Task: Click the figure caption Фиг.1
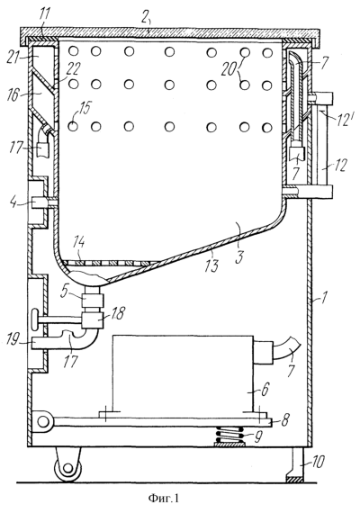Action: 163,498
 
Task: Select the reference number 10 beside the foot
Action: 317,462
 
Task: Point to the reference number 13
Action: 212,265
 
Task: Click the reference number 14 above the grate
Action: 78,243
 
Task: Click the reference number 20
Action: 229,69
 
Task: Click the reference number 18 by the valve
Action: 117,313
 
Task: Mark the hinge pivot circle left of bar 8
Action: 42,422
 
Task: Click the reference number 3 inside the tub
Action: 240,257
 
